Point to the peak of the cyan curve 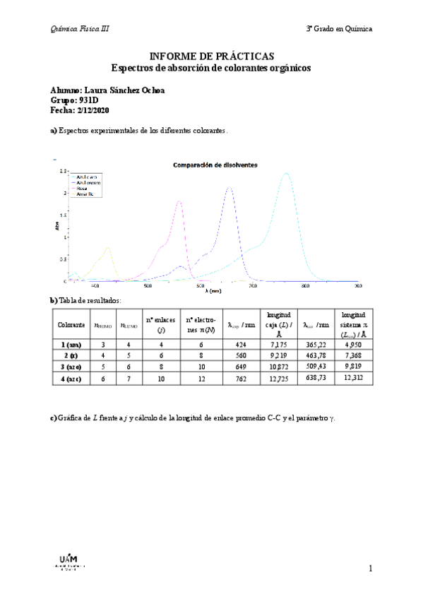pyautogui.click(x=286, y=174)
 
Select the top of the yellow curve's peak pyautogui.click(x=108, y=247)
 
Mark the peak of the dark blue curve pyautogui.click(x=229, y=188)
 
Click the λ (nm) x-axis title pyautogui.click(x=213, y=291)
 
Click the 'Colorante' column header pyautogui.click(x=71, y=325)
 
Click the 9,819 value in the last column pyautogui.click(x=352, y=367)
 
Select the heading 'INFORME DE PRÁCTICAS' pyautogui.click(x=211, y=57)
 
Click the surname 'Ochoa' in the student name pyautogui.click(x=152, y=90)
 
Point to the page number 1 pyautogui.click(x=369, y=568)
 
